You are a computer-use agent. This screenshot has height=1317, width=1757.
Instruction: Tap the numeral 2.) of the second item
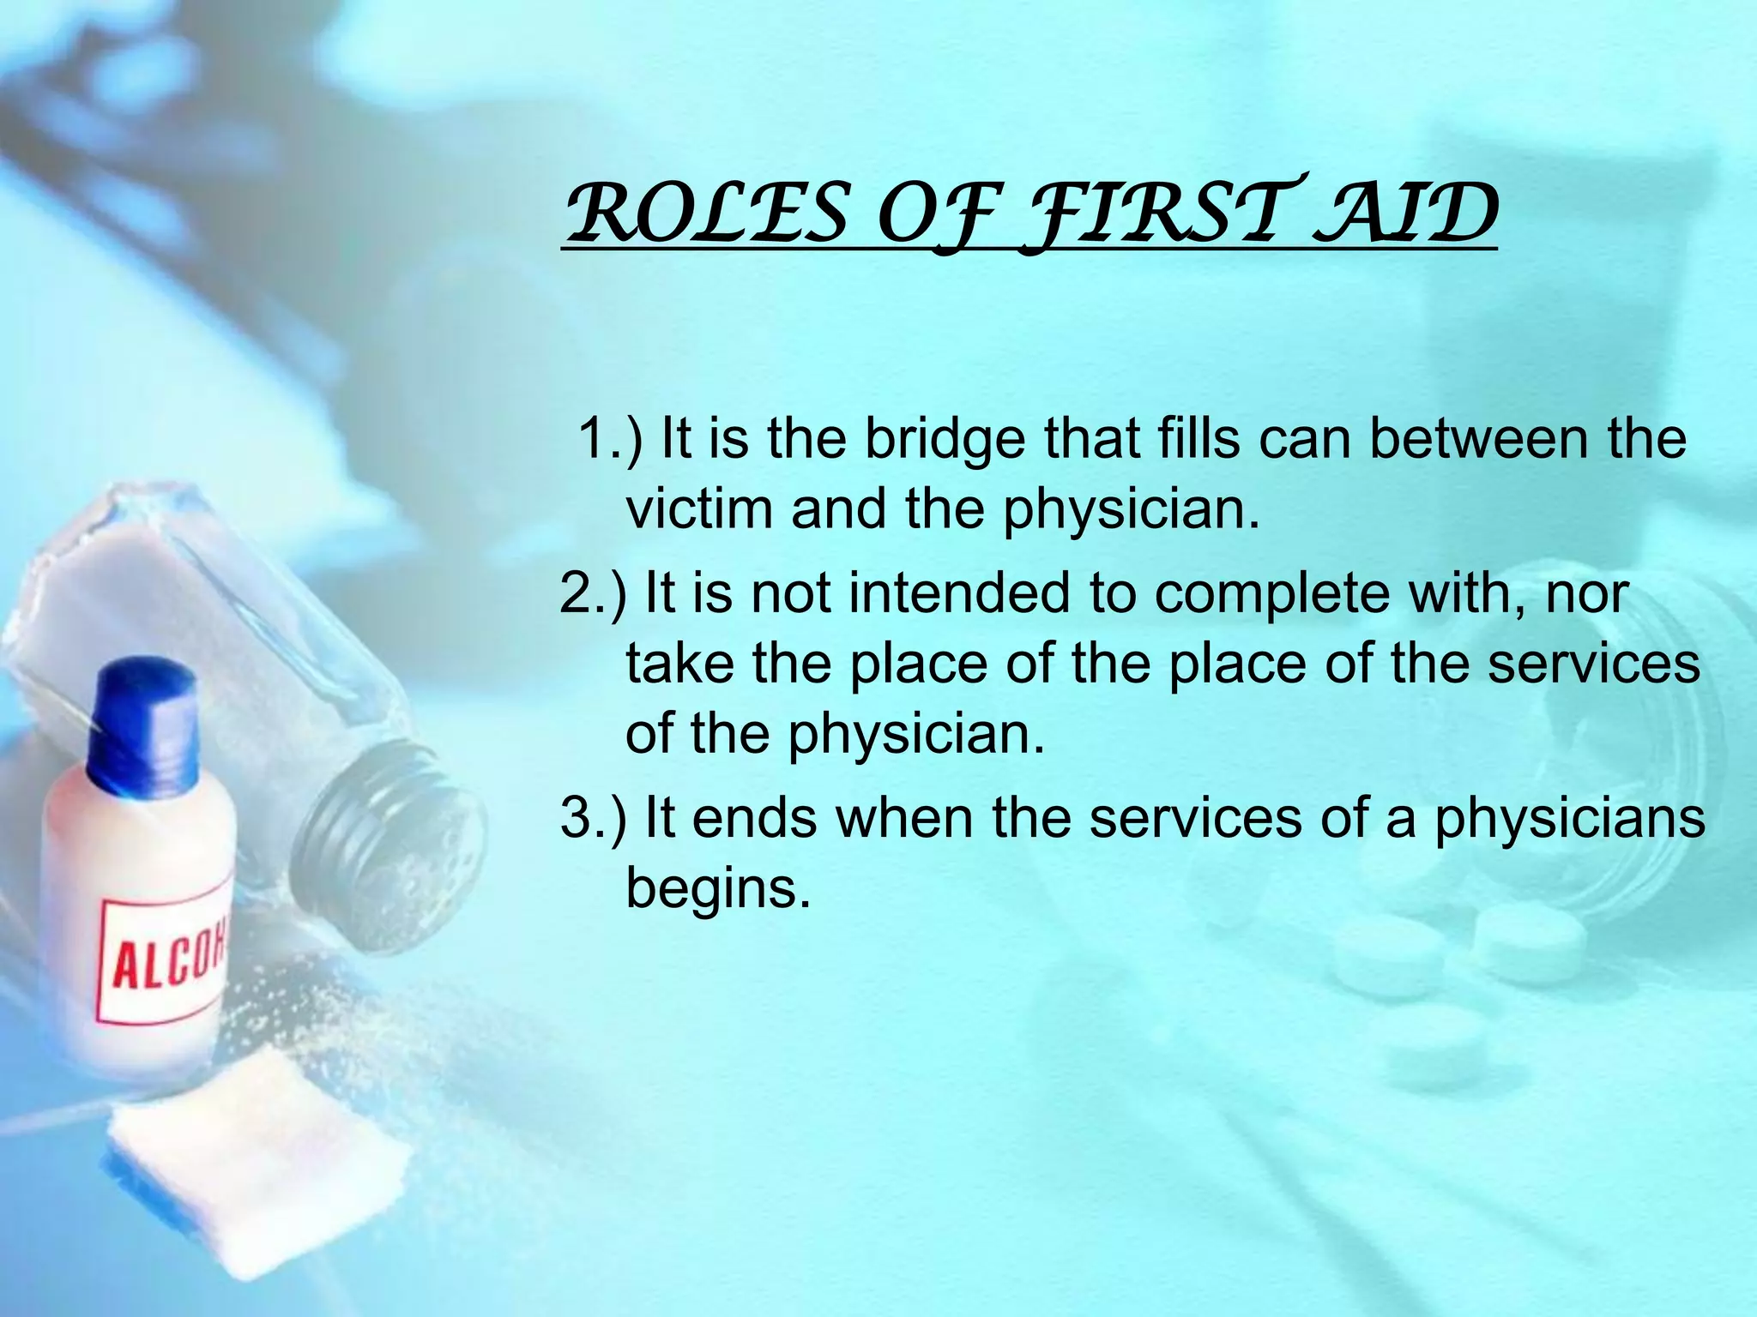click(593, 593)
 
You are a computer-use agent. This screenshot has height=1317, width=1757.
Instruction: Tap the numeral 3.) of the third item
click(593, 818)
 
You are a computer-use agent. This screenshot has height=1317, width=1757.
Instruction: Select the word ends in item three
click(754, 818)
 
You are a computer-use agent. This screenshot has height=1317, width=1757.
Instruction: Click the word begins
click(718, 888)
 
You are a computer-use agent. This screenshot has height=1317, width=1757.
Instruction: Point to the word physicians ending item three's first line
click(1570, 818)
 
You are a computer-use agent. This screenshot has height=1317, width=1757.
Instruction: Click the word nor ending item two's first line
click(1586, 593)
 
